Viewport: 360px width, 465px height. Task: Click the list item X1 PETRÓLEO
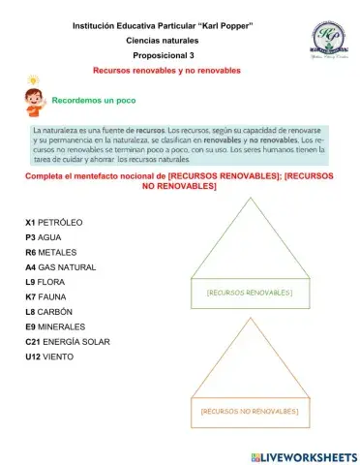(54, 223)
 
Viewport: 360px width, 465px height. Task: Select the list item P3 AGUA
(44, 237)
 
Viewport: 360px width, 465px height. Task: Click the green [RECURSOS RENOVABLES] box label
(250, 292)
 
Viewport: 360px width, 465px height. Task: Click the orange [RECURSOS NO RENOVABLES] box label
(250, 412)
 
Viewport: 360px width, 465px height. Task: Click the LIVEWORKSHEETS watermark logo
(303, 456)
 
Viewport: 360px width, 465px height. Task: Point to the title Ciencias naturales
(164, 41)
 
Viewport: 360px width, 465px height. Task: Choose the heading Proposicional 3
(164, 56)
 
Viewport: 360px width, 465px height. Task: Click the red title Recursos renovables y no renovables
(165, 72)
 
